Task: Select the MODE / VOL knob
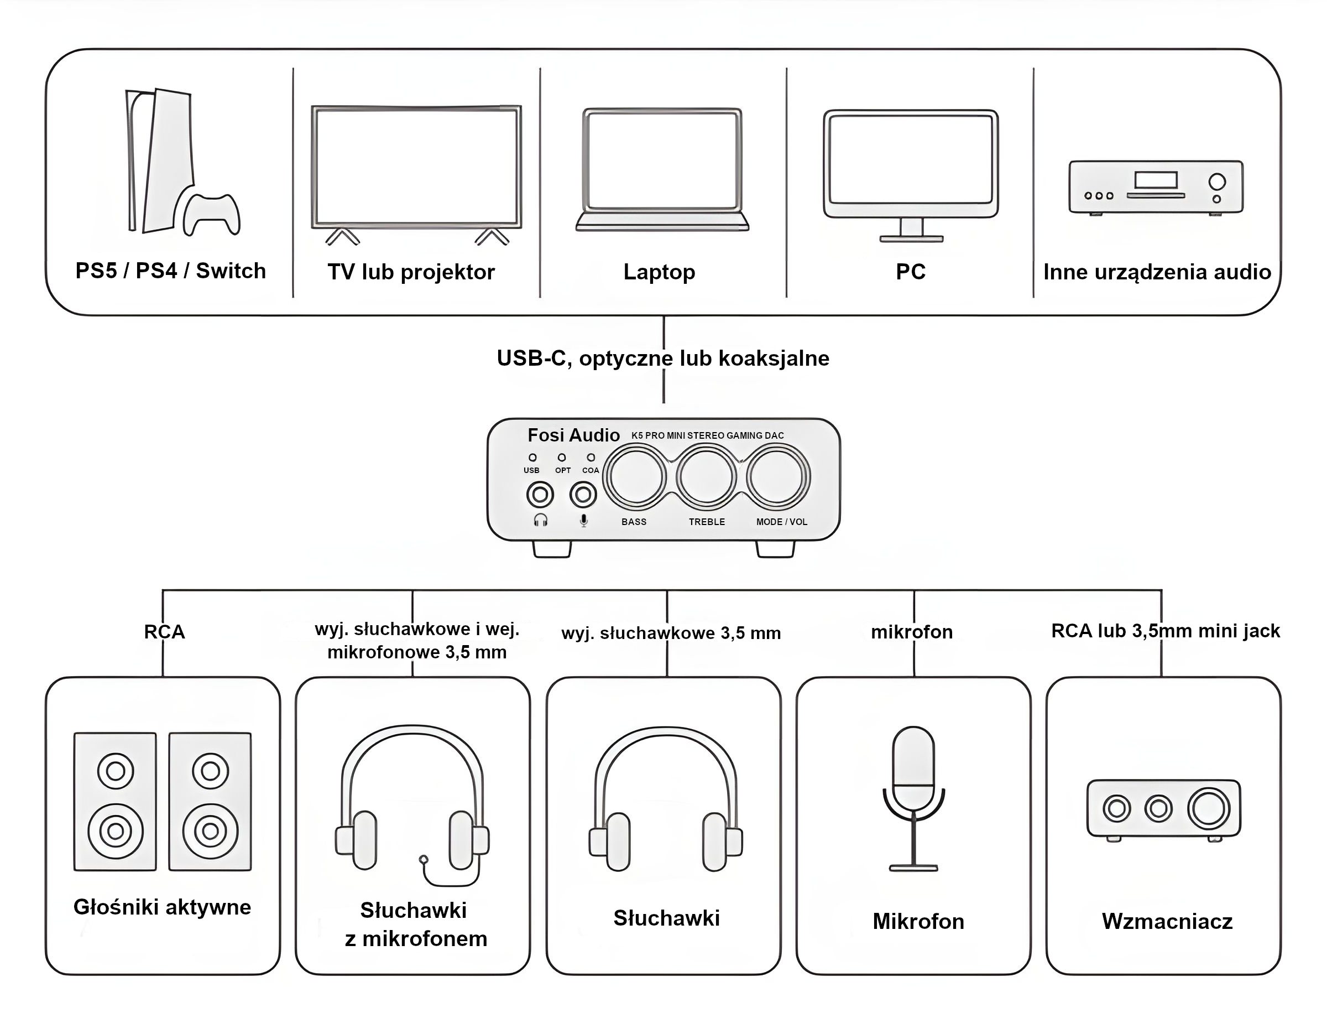[x=777, y=477]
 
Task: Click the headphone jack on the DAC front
[x=540, y=495]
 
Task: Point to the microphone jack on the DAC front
[x=583, y=495]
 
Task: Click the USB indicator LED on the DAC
[x=532, y=458]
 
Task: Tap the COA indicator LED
[x=591, y=458]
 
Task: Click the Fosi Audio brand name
[x=573, y=435]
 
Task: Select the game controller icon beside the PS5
[x=211, y=214]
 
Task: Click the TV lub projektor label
[x=411, y=272]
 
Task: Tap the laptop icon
[x=662, y=170]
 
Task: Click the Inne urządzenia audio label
[x=1156, y=272]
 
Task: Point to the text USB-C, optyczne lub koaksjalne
[x=662, y=358]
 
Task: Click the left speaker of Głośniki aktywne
[x=115, y=802]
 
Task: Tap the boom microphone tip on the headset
[x=424, y=859]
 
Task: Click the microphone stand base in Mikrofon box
[x=913, y=868]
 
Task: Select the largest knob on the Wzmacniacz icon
[x=1208, y=808]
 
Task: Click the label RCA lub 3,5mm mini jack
[x=1166, y=631]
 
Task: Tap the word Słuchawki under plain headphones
[x=666, y=918]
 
